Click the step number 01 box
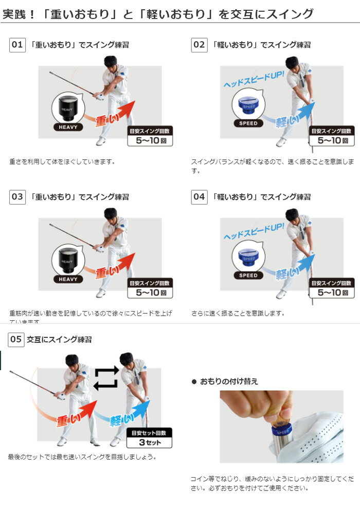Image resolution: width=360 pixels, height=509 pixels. point(17,45)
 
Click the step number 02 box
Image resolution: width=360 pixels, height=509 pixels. point(199,45)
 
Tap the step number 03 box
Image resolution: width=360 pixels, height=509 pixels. point(17,196)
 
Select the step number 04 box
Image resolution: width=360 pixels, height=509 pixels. point(199,196)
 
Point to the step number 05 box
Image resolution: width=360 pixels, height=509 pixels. point(16,339)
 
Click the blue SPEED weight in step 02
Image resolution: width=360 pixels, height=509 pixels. point(248,105)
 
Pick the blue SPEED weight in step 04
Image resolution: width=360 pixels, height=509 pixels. point(248,257)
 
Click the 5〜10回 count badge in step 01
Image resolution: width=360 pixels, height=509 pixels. point(150,136)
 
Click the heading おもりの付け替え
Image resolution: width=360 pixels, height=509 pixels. point(229,381)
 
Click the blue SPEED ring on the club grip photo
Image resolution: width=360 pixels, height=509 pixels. point(281,430)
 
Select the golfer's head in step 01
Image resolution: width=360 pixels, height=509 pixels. point(110,62)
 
